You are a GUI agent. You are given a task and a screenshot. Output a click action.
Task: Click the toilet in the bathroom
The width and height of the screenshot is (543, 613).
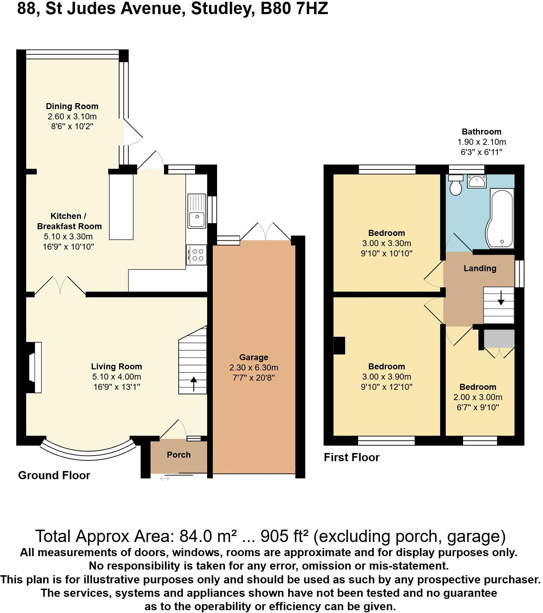(x=456, y=185)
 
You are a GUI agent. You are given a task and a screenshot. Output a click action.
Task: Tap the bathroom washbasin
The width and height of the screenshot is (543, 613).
(x=477, y=181)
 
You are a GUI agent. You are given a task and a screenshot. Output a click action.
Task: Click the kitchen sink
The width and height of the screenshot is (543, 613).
(x=197, y=211)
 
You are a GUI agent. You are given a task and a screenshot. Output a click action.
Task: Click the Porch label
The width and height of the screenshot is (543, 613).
(x=179, y=455)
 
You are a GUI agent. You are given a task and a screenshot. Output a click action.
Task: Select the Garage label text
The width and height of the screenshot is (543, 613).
(x=253, y=357)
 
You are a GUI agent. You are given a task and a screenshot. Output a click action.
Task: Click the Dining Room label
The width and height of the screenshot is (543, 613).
(x=72, y=106)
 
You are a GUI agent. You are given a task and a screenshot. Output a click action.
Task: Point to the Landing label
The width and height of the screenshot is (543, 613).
(x=480, y=268)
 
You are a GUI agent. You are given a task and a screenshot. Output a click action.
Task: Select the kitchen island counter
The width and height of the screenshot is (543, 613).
(x=121, y=207)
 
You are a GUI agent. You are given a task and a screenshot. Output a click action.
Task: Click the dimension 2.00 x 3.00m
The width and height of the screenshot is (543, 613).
(x=478, y=397)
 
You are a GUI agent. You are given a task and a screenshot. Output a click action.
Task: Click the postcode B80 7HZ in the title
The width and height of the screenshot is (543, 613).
(x=294, y=8)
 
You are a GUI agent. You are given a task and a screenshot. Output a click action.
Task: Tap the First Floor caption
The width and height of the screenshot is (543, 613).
(x=351, y=457)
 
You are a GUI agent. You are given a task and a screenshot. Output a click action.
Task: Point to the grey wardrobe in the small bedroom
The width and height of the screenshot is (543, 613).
(x=499, y=338)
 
